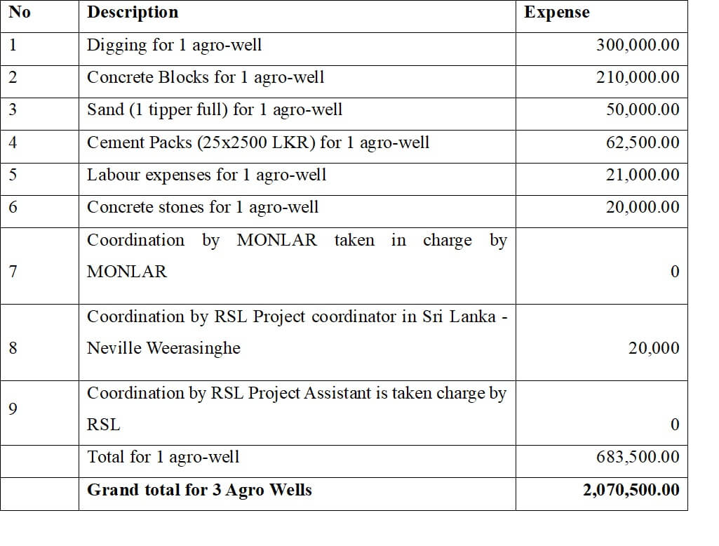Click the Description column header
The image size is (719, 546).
(133, 13)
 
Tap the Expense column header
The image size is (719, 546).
(557, 13)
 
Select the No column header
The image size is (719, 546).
(20, 12)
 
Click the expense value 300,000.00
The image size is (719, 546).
(638, 45)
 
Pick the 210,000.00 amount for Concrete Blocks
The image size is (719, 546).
(638, 77)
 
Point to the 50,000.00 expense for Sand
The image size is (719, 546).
(643, 109)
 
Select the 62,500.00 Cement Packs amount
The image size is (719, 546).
(643, 142)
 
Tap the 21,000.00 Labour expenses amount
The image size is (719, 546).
(643, 175)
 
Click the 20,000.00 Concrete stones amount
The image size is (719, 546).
(643, 207)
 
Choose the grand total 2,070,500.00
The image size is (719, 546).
(631, 490)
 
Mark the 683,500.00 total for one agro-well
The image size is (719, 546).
(638, 457)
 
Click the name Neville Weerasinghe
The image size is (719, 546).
(163, 348)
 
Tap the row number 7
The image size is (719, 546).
(13, 272)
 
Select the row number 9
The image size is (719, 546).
(13, 408)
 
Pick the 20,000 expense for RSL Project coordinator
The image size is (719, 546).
(654, 348)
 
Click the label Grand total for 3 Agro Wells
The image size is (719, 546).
(199, 490)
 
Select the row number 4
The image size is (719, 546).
(13, 142)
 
